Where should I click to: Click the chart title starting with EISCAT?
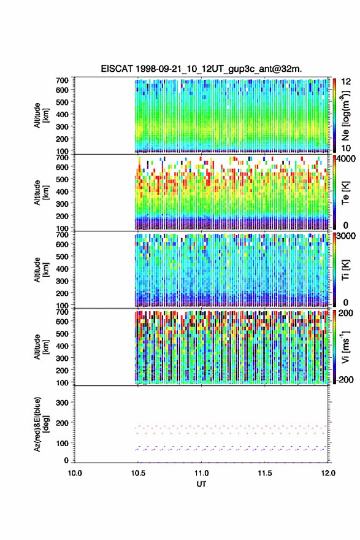coord(201,69)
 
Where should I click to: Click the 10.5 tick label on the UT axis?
coord(138,473)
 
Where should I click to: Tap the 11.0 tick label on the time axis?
coord(201,473)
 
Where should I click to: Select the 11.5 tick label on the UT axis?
coord(265,473)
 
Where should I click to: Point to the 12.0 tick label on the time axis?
coord(328,473)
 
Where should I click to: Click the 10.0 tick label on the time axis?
coord(75,473)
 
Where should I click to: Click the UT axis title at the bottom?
coord(201,484)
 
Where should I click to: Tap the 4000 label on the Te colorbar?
coord(347,159)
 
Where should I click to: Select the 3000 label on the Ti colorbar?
coord(347,236)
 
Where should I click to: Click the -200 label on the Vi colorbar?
coord(345,379)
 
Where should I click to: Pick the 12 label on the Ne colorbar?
coord(346,82)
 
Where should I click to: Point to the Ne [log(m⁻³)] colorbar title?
coord(345,115)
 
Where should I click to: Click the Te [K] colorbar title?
coord(345,193)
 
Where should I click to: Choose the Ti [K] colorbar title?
coord(345,269)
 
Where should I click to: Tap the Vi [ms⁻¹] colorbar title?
coord(345,347)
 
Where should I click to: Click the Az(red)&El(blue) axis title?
coord(40,424)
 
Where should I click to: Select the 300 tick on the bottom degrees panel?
coord(63,403)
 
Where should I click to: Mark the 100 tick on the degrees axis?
coord(63,443)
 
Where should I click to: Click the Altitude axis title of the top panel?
coord(41,115)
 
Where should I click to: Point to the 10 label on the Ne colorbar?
coord(346,148)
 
